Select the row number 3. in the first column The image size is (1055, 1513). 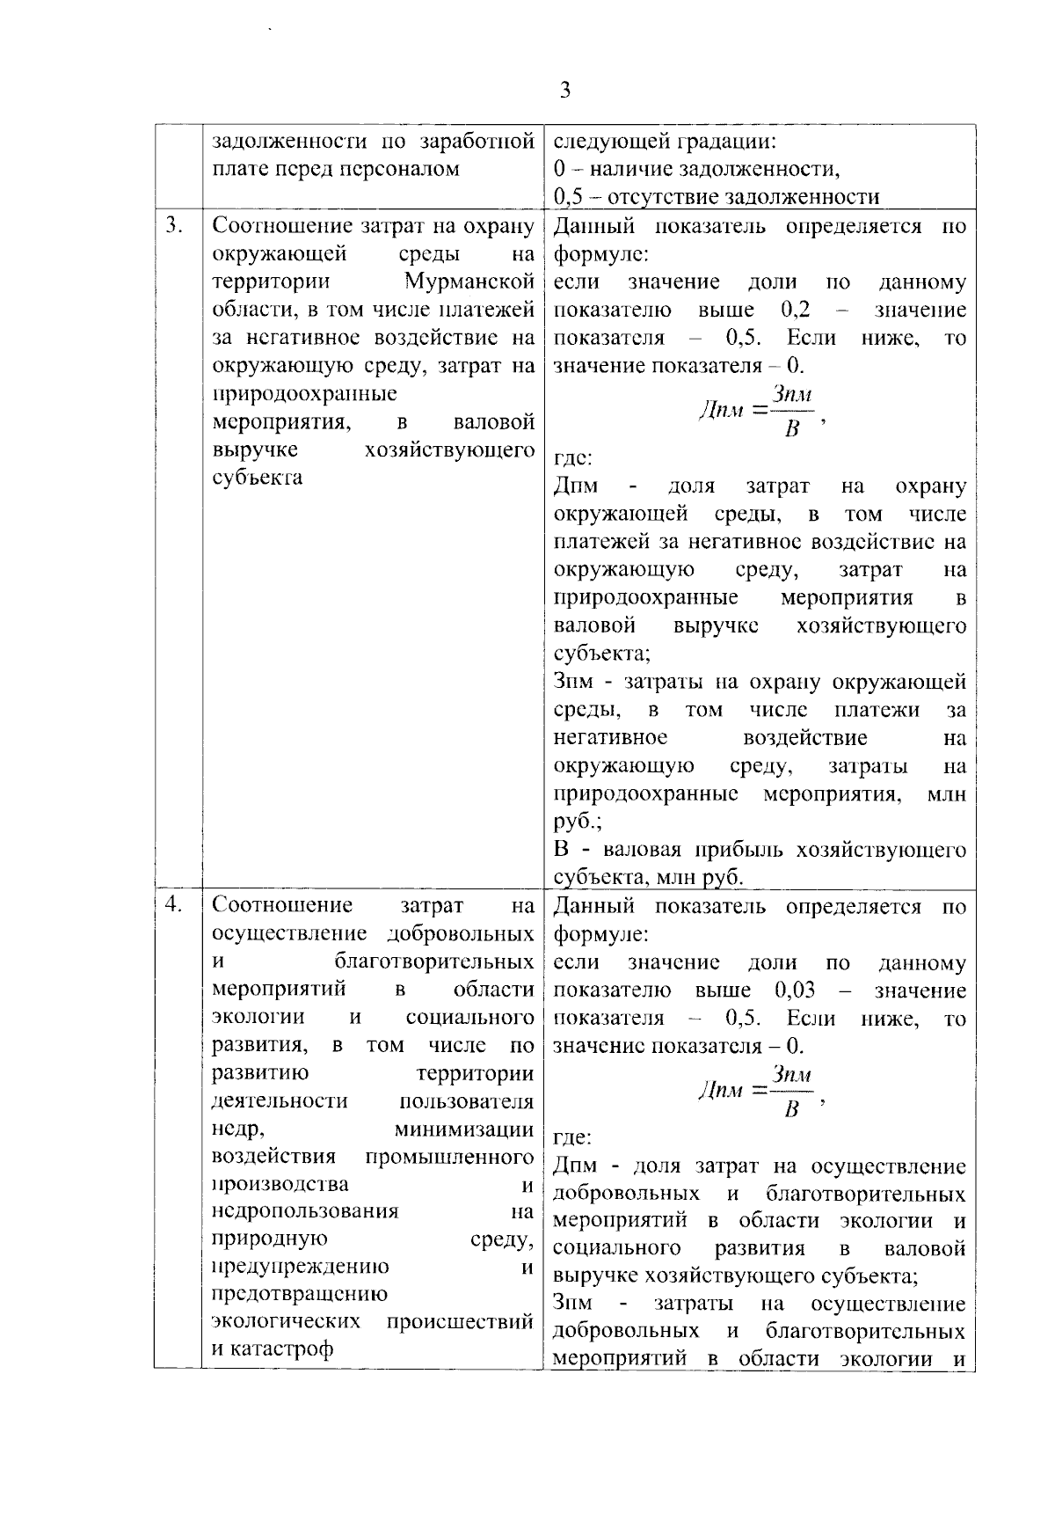point(174,226)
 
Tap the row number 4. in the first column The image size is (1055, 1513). point(174,905)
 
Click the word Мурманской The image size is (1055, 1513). point(470,282)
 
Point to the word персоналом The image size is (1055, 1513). point(398,169)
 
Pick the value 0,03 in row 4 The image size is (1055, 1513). point(795,990)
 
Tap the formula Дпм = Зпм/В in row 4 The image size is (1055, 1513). point(758,1092)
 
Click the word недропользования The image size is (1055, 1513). point(306,1211)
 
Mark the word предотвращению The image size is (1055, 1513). point(300,1294)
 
